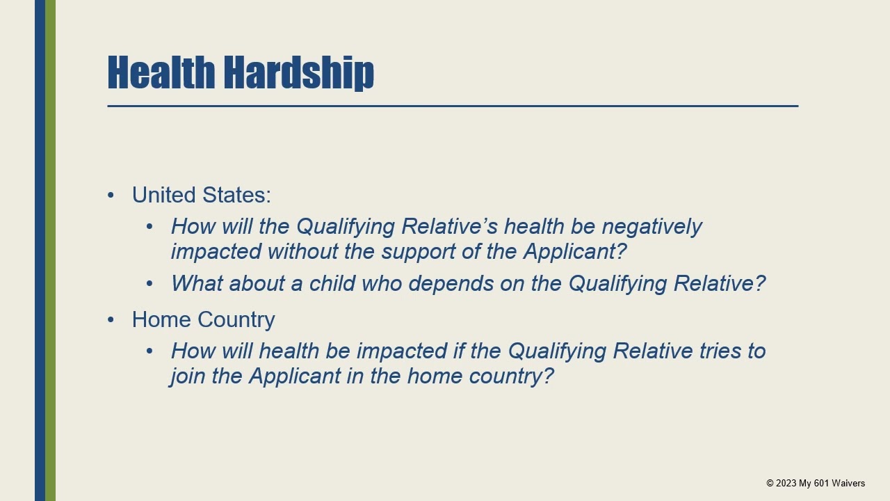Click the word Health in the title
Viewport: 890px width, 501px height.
161,72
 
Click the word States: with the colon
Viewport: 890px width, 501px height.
236,195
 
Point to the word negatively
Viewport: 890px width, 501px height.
652,227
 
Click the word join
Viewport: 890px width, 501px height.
188,376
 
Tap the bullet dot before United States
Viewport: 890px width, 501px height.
111,196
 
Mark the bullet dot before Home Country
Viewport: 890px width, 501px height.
111,320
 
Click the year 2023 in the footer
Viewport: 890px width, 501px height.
786,483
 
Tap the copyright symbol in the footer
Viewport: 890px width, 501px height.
770,483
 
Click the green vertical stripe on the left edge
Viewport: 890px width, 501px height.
50,250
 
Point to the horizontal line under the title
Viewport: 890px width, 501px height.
452,106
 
